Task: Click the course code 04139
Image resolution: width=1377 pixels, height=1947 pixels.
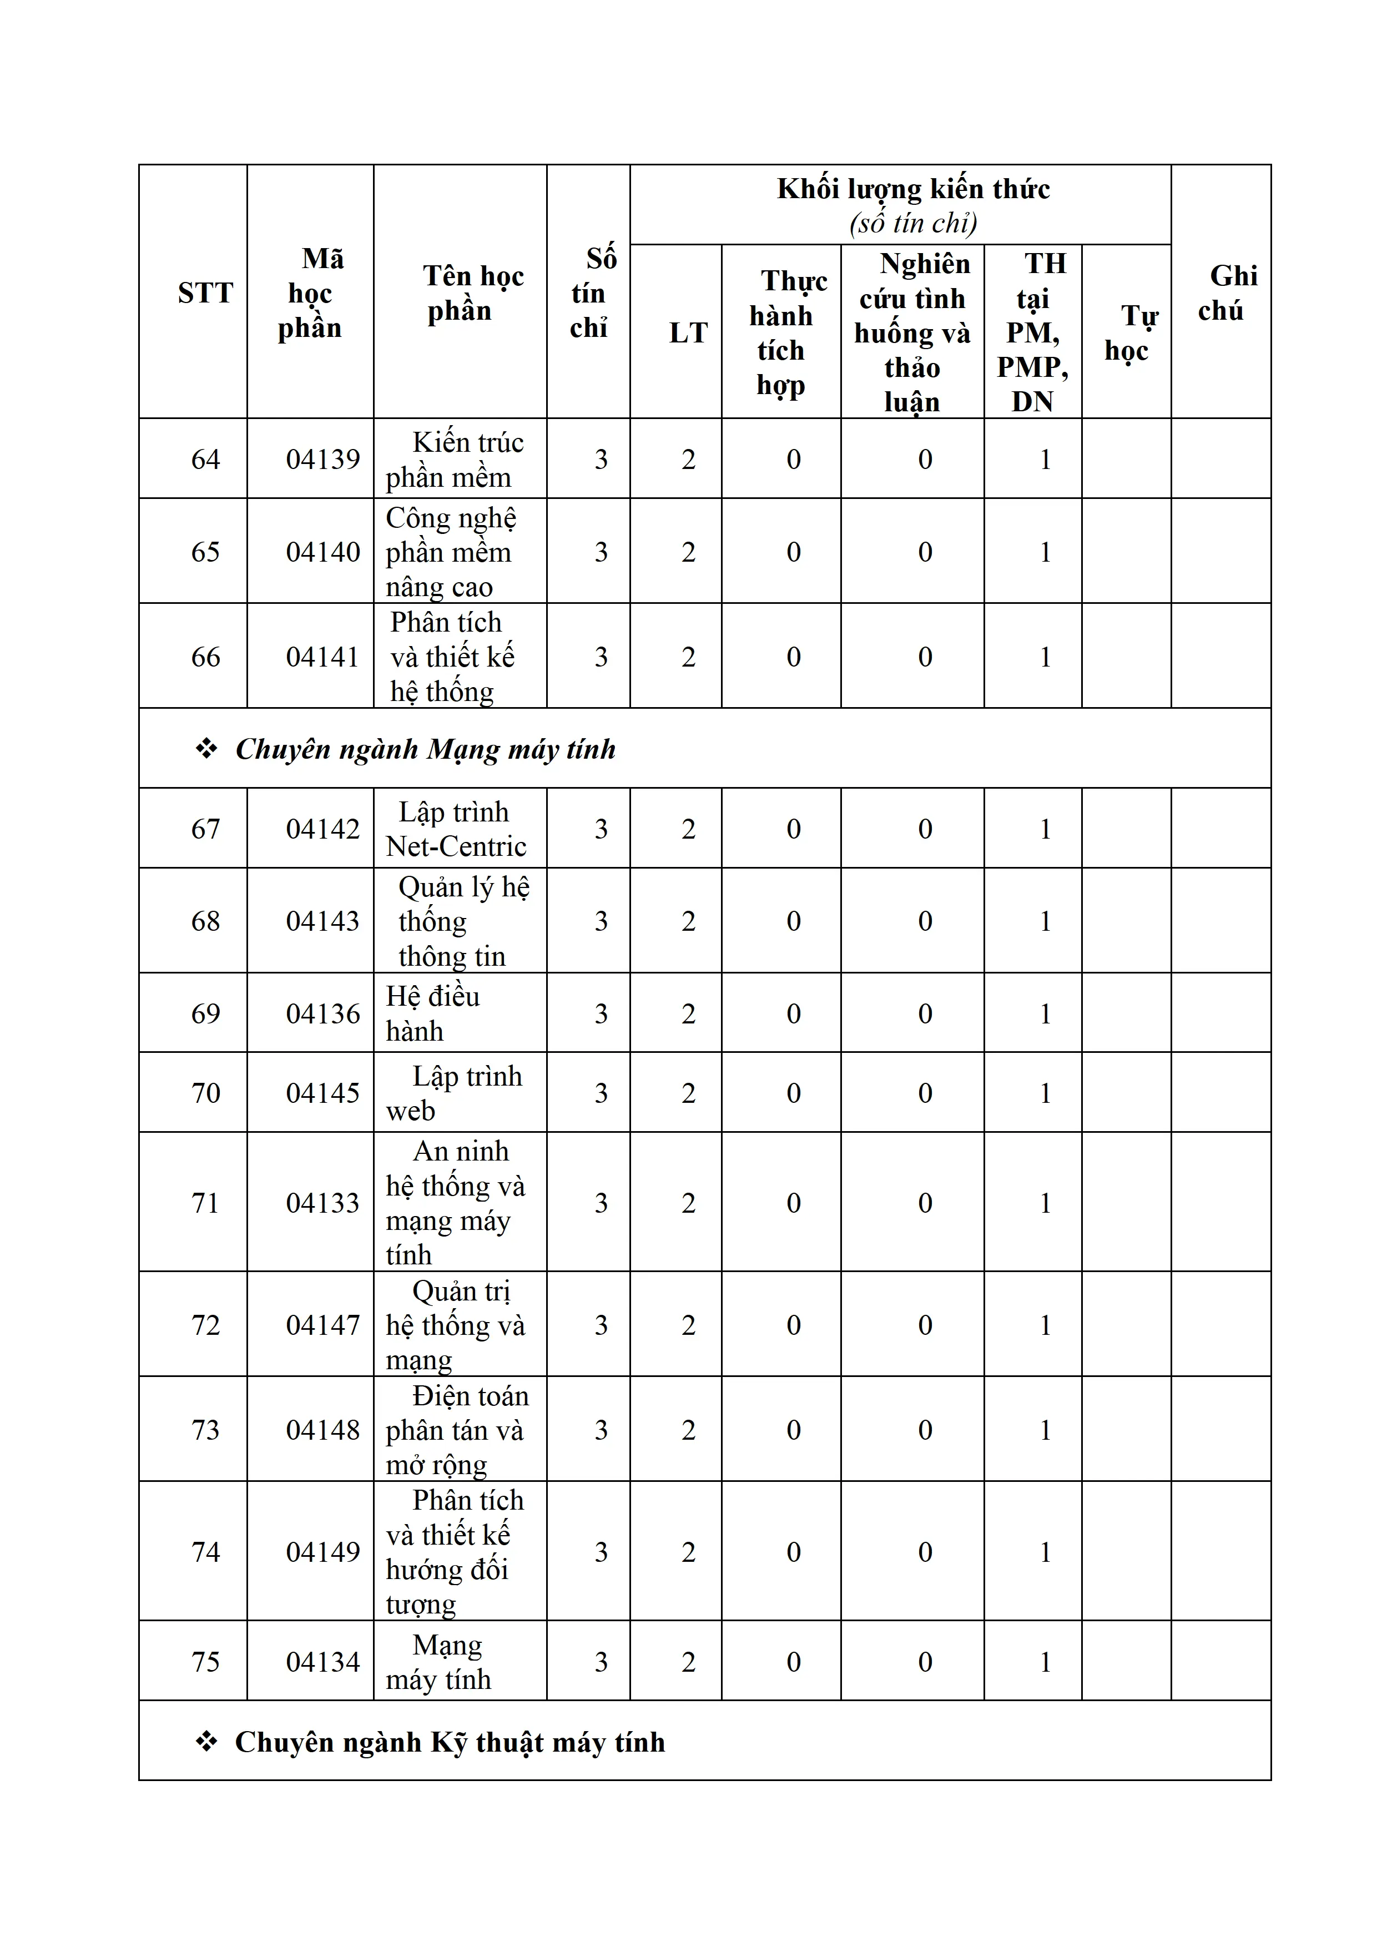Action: coord(322,459)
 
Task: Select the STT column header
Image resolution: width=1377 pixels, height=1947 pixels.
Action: coord(205,292)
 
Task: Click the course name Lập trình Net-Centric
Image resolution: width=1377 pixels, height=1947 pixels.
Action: coord(456,829)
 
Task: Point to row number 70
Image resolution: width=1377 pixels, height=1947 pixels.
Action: coord(205,1092)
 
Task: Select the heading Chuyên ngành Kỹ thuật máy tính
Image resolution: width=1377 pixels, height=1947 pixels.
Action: coord(450,1742)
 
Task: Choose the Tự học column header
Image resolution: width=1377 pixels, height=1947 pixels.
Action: coord(1127,332)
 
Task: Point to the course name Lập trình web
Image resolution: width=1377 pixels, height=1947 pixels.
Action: coord(453,1092)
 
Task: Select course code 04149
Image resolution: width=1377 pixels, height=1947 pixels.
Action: coord(322,1551)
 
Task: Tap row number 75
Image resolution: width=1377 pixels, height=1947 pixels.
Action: coord(205,1661)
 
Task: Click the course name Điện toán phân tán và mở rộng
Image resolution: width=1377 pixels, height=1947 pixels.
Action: coord(456,1430)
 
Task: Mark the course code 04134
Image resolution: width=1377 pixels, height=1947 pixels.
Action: coord(322,1661)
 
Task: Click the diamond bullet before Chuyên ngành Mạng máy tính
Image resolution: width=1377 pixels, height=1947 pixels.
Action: coord(206,749)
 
